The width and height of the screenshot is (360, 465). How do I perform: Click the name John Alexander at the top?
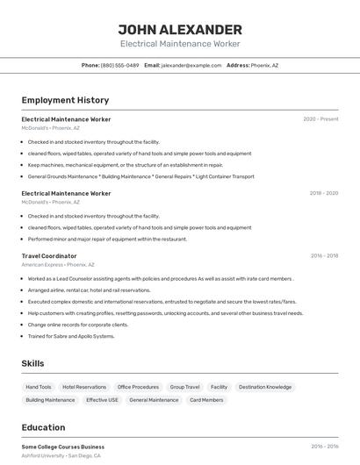180,29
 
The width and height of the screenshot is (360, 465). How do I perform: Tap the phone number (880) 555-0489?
119,65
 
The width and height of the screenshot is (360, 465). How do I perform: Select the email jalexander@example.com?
191,65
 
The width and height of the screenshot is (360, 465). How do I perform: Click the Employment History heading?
65,100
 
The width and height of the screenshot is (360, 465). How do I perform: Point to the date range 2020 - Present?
320,119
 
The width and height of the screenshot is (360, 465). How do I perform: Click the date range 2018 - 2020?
323,193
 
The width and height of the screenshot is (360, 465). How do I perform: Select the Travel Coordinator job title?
49,256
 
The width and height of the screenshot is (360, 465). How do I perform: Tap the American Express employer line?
58,264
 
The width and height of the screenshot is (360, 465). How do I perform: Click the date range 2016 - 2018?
324,256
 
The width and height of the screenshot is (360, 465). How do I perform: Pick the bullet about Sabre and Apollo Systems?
71,336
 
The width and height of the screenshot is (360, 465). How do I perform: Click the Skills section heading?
32,363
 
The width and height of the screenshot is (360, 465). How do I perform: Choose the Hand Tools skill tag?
39,387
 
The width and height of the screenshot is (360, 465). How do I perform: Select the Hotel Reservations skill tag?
84,387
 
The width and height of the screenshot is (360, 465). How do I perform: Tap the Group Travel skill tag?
184,387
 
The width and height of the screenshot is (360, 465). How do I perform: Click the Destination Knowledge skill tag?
265,387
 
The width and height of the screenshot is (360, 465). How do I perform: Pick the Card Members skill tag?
206,400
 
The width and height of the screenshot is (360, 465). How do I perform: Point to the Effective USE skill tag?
102,400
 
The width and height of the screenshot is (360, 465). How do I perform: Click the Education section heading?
43,427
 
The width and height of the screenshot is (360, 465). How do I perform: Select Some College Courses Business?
62,447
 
